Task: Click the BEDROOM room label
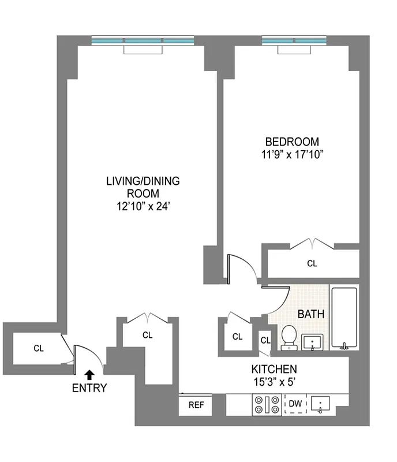pos(291,142)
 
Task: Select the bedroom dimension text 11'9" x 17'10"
pos(291,154)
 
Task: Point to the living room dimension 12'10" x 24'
pos(143,206)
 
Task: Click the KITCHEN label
pos(274,369)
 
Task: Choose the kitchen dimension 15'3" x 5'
pos(274,381)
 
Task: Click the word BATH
pos(310,315)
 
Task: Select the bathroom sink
pos(313,341)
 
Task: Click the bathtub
pos(344,318)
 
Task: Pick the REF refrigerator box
pos(196,405)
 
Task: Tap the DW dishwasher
pos(295,404)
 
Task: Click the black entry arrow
pos(89,376)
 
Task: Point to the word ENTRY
pos(89,388)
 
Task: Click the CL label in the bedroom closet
pos(312,263)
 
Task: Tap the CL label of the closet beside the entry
pos(39,348)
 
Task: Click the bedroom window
pos(294,42)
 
